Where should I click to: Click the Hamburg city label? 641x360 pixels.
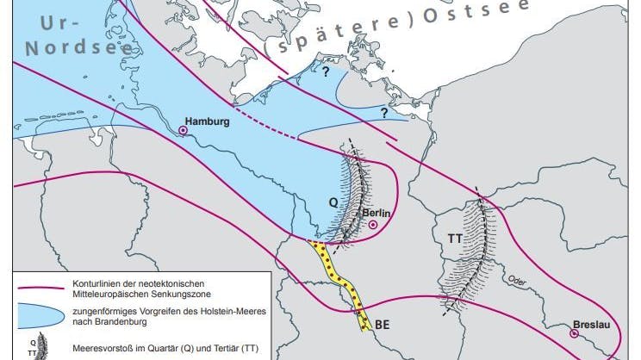[208, 121]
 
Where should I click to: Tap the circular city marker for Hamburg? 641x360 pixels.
[183, 130]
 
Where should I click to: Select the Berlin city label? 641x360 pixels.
[377, 212]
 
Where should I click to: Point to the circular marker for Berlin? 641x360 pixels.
[373, 225]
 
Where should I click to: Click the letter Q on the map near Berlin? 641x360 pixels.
[333, 202]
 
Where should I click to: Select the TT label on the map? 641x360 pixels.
[455, 236]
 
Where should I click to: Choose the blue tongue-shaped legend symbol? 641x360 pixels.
[36, 315]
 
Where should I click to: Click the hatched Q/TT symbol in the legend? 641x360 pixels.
[37, 349]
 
